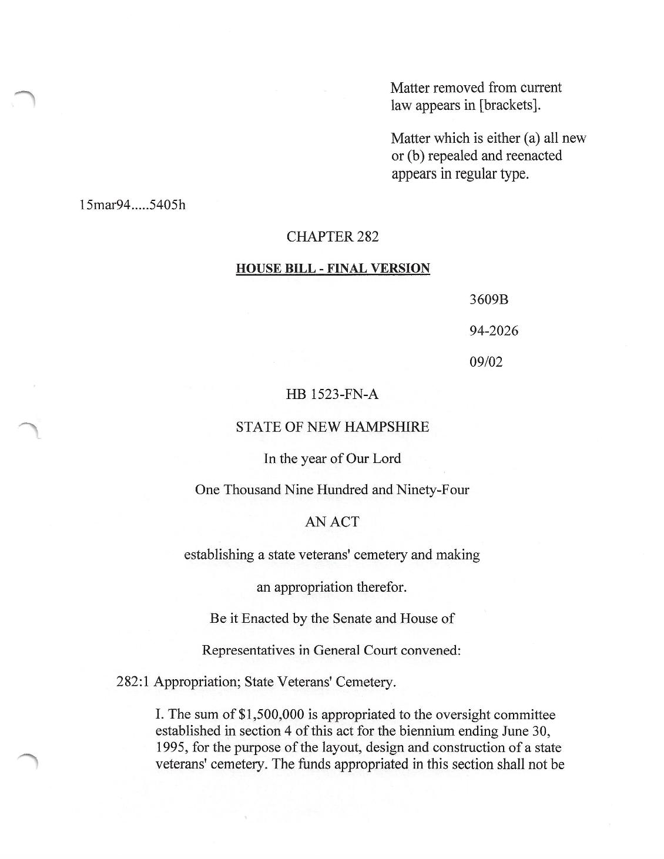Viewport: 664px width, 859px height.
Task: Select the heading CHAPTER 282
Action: pyautogui.click(x=333, y=237)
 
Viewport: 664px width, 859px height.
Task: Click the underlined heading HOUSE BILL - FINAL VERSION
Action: pyautogui.click(x=333, y=269)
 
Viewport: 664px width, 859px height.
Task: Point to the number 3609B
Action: pyautogui.click(x=488, y=300)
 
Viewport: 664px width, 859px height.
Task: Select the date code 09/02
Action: pyautogui.click(x=486, y=362)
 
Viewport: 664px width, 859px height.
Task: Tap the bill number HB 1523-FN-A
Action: pyautogui.click(x=332, y=395)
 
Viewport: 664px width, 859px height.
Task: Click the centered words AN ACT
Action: pyautogui.click(x=332, y=522)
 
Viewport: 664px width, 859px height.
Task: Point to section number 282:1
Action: pyautogui.click(x=133, y=682)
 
